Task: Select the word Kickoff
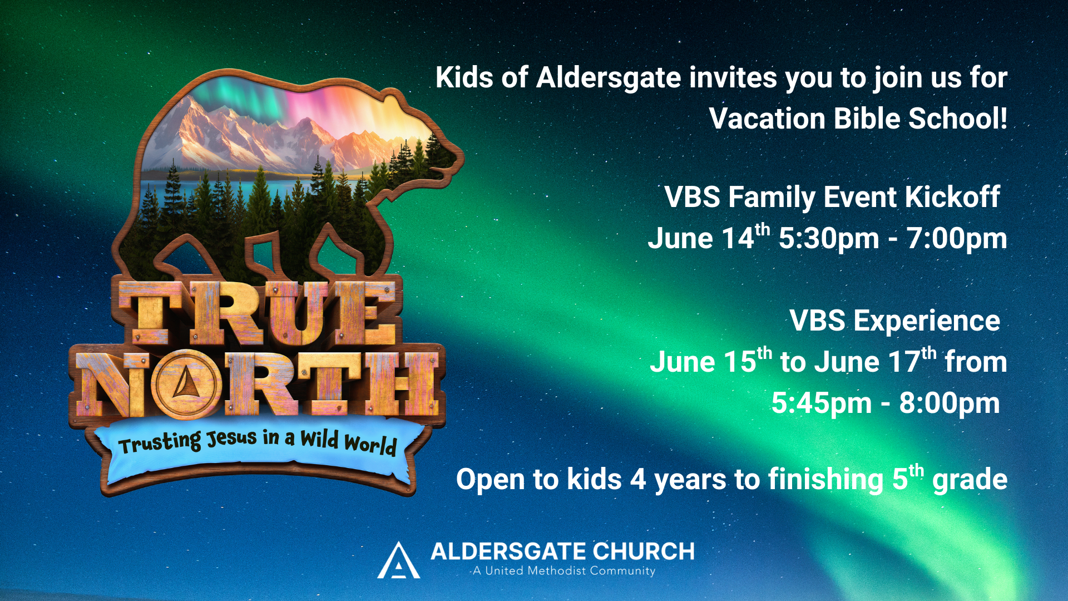pos(952,198)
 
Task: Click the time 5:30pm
pos(828,239)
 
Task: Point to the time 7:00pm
pos(956,239)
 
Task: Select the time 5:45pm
pos(821,403)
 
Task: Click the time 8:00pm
pos(949,403)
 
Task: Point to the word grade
pos(970,480)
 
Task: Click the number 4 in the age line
pos(637,480)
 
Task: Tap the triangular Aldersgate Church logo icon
pos(398,561)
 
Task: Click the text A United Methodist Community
pos(563,571)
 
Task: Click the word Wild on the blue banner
pos(319,439)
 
